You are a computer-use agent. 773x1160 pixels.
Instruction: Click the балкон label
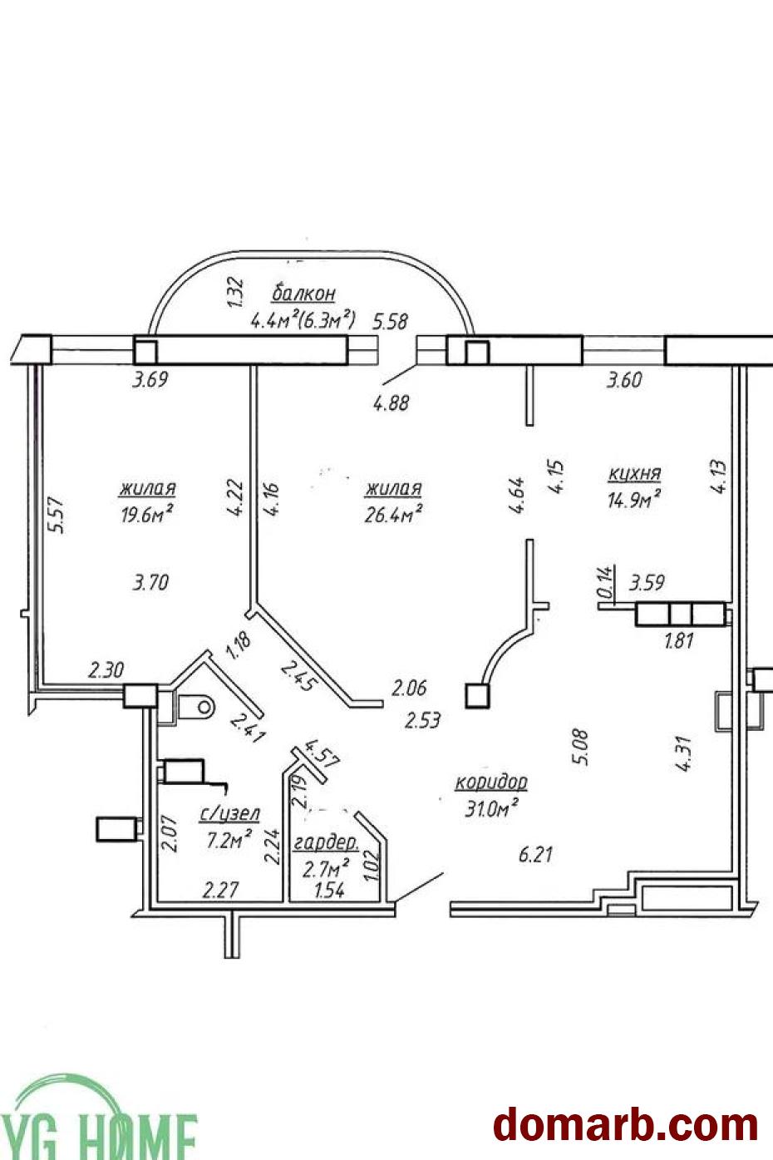pos(303,294)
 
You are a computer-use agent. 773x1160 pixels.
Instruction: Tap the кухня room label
pos(635,473)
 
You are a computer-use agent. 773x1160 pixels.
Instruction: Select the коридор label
pos(491,783)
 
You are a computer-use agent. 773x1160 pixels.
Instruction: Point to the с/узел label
pos(230,815)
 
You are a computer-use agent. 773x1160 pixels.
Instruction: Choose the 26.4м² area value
pos(393,514)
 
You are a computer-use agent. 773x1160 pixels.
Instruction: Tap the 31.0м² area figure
pos(491,808)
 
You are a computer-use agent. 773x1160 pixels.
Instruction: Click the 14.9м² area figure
pos(634,499)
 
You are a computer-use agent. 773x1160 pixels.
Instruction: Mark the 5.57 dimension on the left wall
pos(55,516)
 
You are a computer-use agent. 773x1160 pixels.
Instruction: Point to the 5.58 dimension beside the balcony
pos(391,322)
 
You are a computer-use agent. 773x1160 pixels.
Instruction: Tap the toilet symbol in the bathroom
pos(195,707)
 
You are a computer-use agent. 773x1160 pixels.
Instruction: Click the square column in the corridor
pos(478,696)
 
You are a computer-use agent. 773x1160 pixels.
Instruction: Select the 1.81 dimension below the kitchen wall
pos(679,642)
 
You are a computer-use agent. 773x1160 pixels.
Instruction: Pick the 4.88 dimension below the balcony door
pos(391,403)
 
